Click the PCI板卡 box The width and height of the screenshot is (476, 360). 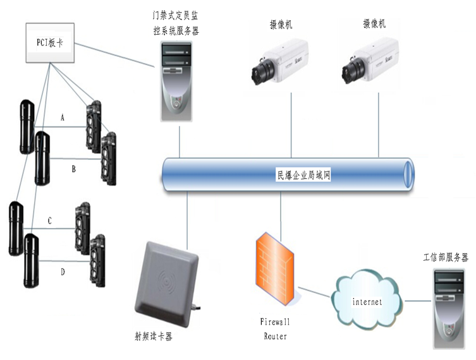[49, 43]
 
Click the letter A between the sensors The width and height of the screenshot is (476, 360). [63, 117]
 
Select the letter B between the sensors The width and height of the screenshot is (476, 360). [73, 169]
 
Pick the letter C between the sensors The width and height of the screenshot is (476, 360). [49, 220]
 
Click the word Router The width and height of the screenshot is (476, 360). [276, 336]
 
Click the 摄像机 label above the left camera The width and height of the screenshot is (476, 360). [280, 25]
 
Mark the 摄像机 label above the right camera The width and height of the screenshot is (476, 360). [374, 23]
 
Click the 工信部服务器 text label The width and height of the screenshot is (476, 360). [446, 258]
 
